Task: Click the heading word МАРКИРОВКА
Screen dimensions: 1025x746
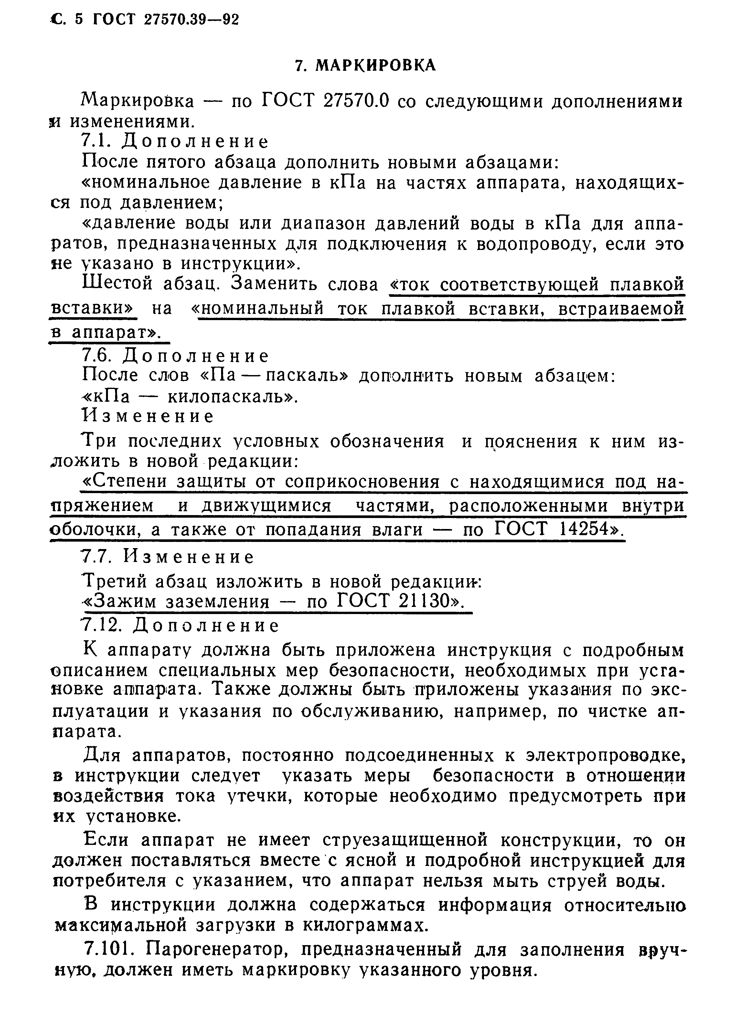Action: tap(376, 66)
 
